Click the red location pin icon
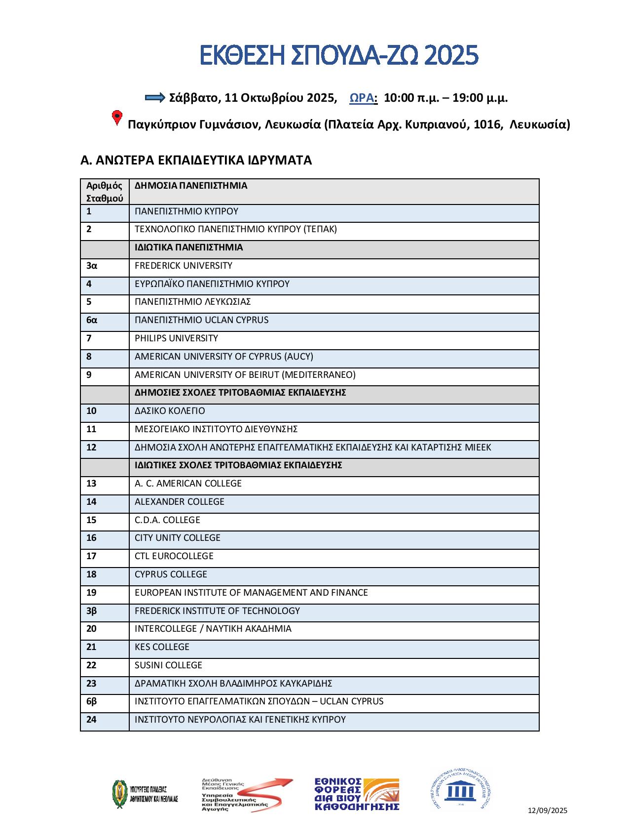click(x=117, y=118)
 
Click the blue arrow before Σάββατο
click(x=155, y=97)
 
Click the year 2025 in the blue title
click(x=451, y=55)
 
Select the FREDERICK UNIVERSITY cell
click(x=184, y=266)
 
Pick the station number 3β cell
click(x=92, y=611)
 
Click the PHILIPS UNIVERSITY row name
click(x=176, y=338)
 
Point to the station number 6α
click(x=92, y=320)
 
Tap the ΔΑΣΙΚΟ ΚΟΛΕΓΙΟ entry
click(x=170, y=411)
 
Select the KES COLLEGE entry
click(x=162, y=647)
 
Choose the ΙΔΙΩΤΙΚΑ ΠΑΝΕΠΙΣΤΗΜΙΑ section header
click(x=188, y=247)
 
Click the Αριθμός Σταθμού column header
click(x=105, y=192)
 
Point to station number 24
click(x=91, y=720)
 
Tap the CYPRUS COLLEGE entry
click(x=171, y=574)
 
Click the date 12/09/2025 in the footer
click(x=548, y=810)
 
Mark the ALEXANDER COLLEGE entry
click(x=180, y=502)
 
